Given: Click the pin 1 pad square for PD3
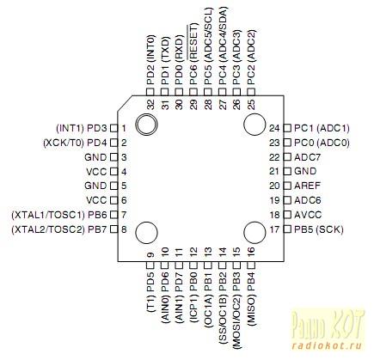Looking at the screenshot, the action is tap(114, 128).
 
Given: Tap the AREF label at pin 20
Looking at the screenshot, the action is tap(307, 186).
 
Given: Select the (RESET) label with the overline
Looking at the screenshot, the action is tap(193, 42).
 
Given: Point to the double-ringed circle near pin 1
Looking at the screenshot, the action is tap(146, 125).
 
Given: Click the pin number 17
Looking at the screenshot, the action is tap(274, 229).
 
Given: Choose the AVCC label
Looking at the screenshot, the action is tap(308, 215).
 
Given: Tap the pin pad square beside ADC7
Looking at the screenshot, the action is tap(286, 157).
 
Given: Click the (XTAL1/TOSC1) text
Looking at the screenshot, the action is tap(48, 215).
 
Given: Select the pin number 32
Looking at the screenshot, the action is tap(150, 105).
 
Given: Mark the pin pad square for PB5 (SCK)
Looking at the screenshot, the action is tap(286, 229).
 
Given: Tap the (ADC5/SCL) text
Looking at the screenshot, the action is tap(208, 34).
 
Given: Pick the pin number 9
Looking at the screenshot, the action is tap(150, 254).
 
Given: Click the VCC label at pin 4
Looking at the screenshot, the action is tap(96, 172).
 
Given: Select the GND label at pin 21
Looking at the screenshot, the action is tap(305, 171).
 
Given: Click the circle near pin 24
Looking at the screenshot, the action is tap(254, 125).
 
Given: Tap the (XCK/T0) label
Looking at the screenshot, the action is tap(63, 143).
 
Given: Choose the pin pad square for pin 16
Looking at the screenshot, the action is tap(251, 265).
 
